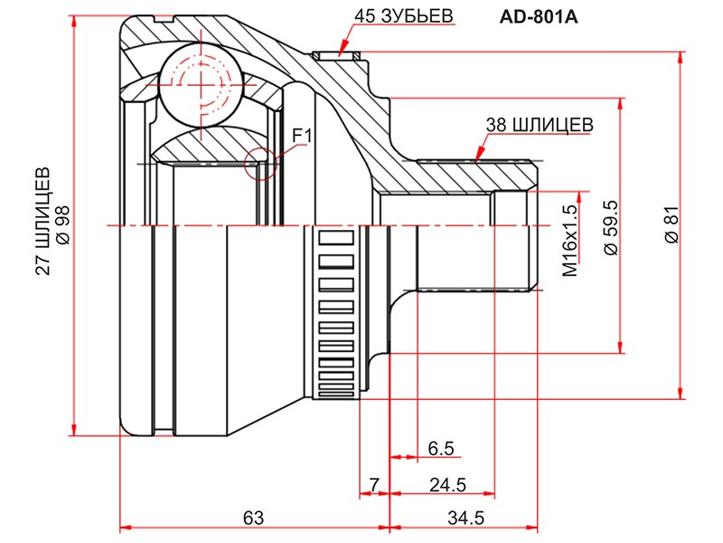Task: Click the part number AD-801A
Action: coord(539,17)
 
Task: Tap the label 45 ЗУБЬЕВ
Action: coord(404,15)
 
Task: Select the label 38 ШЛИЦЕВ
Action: coord(540,125)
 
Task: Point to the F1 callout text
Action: coord(303,136)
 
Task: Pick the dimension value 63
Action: coord(253,518)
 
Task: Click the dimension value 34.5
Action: coord(465,518)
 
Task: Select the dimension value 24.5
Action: coord(447,485)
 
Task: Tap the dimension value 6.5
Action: coord(441,448)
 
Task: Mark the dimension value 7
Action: coord(374,485)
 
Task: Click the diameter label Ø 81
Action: coord(672,224)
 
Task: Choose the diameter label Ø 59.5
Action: coord(611,228)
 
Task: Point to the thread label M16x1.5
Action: coord(570,240)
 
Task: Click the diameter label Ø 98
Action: coord(62,224)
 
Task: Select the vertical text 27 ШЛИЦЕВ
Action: coord(42,221)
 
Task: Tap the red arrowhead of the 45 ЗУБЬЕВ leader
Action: coord(343,50)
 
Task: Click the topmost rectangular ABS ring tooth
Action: coord(336,238)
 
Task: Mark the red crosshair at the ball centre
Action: coord(201,85)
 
